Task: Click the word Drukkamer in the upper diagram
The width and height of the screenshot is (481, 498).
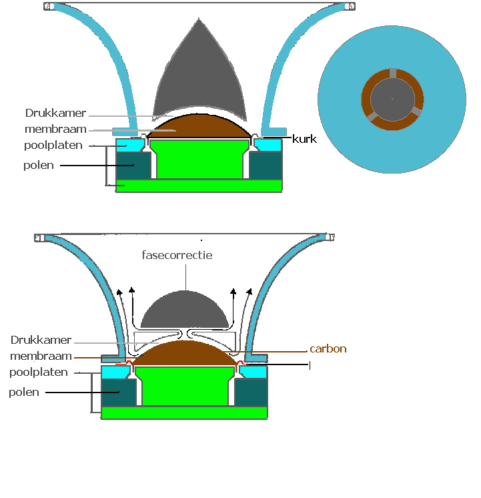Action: tap(55, 113)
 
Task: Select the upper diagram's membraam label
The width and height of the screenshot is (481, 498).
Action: tap(55, 129)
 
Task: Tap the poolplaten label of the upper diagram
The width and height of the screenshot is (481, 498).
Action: tap(53, 145)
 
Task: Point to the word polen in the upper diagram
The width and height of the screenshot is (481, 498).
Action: tap(39, 165)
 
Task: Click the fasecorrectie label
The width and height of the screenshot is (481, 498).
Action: tap(177, 255)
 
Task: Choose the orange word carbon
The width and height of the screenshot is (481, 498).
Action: tap(328, 348)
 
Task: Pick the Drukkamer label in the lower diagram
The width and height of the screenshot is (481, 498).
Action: tap(41, 340)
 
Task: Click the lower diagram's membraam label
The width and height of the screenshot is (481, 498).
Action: tap(41, 356)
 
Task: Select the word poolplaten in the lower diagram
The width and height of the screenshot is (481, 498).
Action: tap(39, 372)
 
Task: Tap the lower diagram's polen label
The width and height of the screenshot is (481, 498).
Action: tap(24, 392)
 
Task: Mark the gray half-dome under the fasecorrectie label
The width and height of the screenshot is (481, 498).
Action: tap(185, 310)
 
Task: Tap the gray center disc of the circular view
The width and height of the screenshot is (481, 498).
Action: tap(392, 98)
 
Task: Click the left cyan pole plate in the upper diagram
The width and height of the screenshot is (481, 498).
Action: tap(131, 145)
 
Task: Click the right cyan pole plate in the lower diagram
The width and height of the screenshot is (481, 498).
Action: tap(253, 372)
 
